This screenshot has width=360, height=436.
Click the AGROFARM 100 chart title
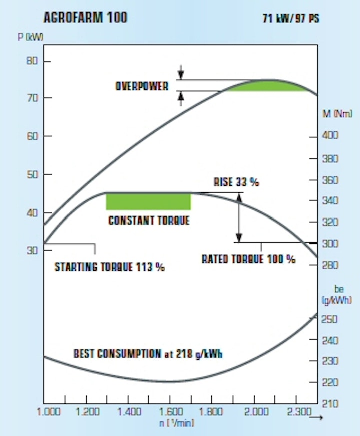(85, 17)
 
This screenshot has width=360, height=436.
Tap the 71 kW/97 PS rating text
(291, 19)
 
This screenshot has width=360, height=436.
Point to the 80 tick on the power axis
(32, 61)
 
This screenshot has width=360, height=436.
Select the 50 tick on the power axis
(32, 174)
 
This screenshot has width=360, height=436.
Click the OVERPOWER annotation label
(142, 85)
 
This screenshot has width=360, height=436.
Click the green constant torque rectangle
(148, 201)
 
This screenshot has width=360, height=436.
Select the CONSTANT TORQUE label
(149, 220)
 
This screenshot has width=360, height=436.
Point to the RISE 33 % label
(236, 182)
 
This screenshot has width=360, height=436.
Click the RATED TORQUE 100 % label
(248, 259)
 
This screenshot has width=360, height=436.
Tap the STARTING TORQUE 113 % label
(110, 267)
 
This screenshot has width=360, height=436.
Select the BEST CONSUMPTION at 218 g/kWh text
(148, 353)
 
